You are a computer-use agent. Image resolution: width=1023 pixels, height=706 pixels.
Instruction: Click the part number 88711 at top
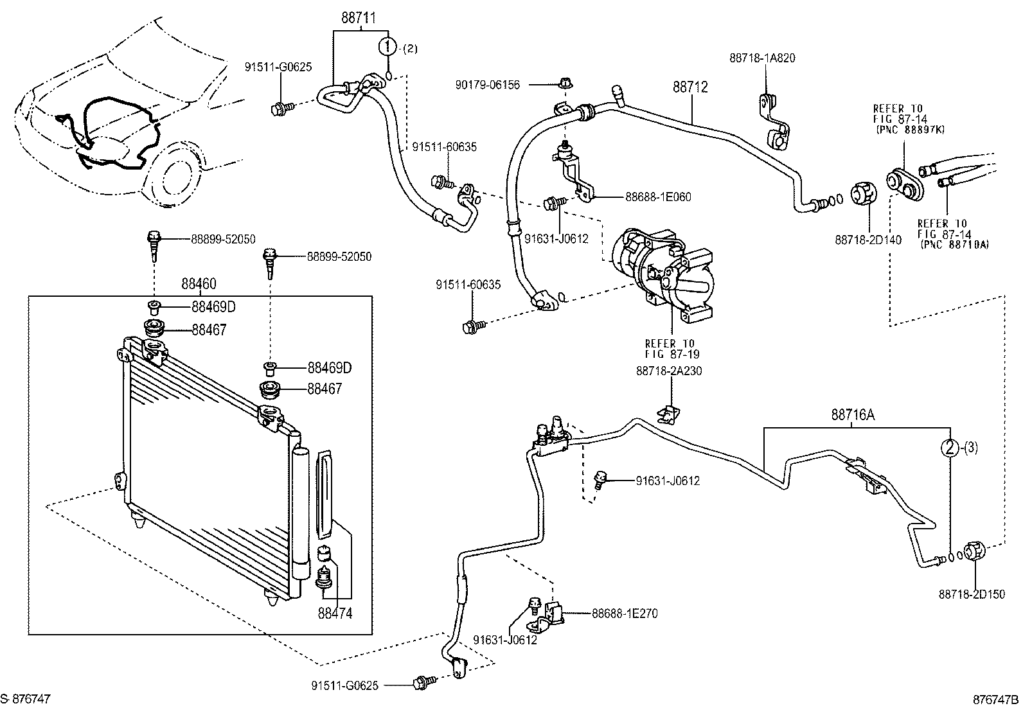pyautogui.click(x=358, y=17)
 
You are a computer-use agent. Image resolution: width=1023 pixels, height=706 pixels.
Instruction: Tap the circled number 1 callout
pyautogui.click(x=387, y=46)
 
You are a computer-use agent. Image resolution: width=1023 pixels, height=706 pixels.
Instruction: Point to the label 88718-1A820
pyautogui.click(x=762, y=58)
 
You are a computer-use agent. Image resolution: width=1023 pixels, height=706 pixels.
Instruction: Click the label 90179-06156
pyautogui.click(x=487, y=84)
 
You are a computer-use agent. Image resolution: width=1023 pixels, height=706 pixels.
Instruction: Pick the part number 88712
pyautogui.click(x=690, y=87)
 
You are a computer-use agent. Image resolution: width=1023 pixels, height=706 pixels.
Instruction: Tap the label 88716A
pyautogui.click(x=853, y=415)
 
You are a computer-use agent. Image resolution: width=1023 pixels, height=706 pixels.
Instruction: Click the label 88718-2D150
pyautogui.click(x=971, y=595)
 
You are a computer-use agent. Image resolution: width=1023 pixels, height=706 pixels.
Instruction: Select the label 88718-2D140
pyautogui.click(x=868, y=240)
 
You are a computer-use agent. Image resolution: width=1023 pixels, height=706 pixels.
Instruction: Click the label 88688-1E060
pyautogui.click(x=658, y=197)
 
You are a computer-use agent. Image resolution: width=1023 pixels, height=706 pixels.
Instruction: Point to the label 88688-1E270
pyautogui.click(x=625, y=613)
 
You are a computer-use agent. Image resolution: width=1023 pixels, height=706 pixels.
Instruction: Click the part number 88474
pyautogui.click(x=335, y=613)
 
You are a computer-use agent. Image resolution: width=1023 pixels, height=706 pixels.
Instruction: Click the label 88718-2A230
pyautogui.click(x=669, y=371)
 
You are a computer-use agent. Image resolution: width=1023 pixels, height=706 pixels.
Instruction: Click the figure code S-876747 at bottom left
pyautogui.click(x=26, y=698)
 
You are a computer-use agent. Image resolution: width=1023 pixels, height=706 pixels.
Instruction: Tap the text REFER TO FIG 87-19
pyautogui.click(x=672, y=349)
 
